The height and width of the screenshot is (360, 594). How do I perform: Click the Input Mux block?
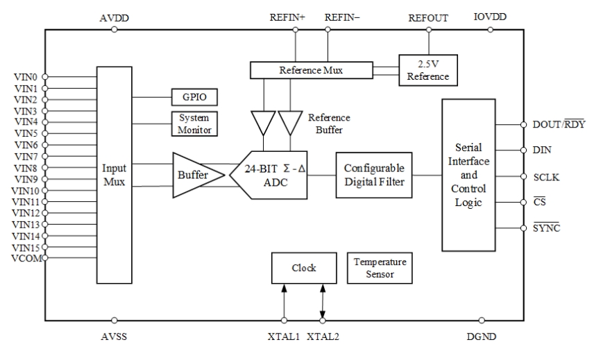pos(114,175)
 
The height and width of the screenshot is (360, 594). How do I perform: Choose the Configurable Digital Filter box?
pos(373,175)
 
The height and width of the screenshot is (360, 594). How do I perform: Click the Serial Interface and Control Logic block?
pos(468,174)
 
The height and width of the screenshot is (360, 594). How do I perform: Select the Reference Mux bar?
pos(310,70)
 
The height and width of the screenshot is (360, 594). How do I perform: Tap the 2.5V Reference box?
pos(428,70)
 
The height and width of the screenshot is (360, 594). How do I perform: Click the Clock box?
pos(304,268)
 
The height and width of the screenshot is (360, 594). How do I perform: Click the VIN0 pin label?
pos(26,76)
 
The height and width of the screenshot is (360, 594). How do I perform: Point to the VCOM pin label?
pos(26,258)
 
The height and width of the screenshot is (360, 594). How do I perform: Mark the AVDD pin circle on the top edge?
pos(114,29)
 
